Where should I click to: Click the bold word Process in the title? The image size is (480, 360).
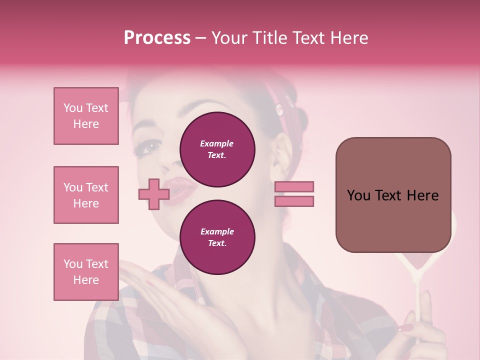(157, 38)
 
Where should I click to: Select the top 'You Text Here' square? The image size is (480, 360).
(86, 116)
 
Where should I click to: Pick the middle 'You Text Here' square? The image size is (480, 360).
(86, 195)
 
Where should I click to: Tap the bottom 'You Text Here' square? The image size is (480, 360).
(86, 272)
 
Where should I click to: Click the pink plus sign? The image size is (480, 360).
(153, 194)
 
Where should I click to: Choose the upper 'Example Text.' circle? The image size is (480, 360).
(217, 149)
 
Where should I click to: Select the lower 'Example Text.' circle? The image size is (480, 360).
(217, 237)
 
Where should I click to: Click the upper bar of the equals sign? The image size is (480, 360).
(294, 186)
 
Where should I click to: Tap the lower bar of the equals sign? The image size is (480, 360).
(294, 201)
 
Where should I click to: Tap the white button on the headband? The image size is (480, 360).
(278, 107)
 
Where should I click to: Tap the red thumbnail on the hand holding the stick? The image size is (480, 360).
(405, 328)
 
